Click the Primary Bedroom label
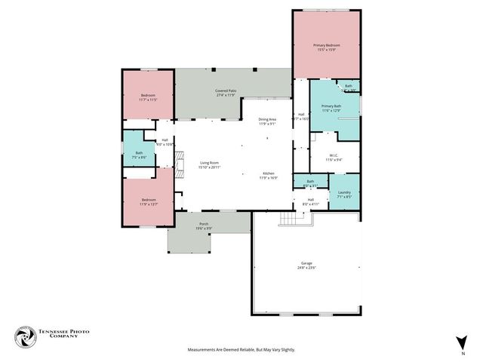(x=328, y=45)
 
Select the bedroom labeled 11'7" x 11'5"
(x=148, y=97)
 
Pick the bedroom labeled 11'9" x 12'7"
(x=148, y=201)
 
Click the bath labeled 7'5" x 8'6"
(x=139, y=155)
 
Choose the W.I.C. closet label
(x=334, y=157)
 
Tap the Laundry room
(x=344, y=193)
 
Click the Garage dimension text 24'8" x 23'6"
(x=306, y=268)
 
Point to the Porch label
(x=204, y=224)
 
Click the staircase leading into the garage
(x=290, y=219)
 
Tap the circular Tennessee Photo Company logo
(x=25, y=336)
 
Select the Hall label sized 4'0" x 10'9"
(x=165, y=142)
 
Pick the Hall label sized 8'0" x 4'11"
(x=311, y=201)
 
